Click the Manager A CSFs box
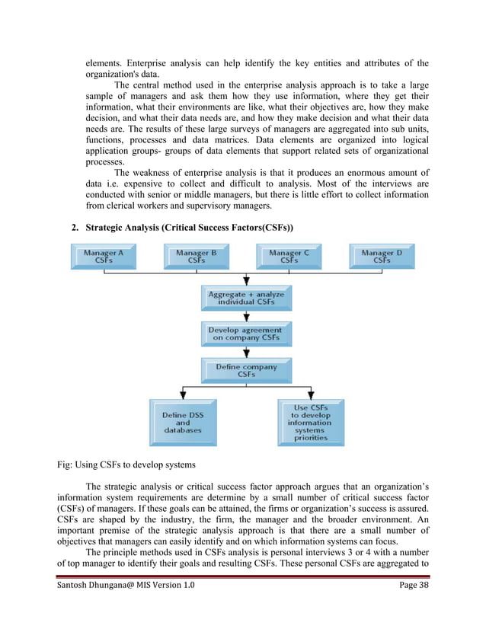point(104,256)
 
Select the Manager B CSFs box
point(197,256)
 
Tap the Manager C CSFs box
point(289,256)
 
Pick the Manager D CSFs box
point(382,256)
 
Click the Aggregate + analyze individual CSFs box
point(246,298)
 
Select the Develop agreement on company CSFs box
point(246,334)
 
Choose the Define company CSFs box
point(246,370)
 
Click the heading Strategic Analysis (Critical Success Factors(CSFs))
point(190,228)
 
